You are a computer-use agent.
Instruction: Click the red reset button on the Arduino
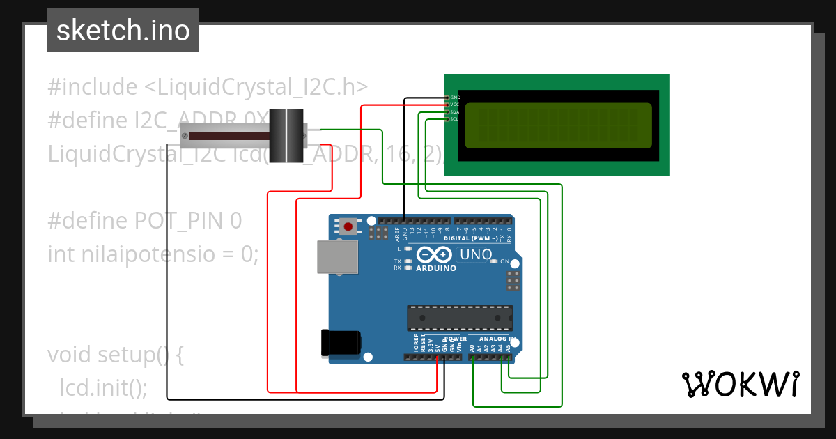(348, 226)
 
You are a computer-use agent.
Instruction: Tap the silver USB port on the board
(337, 257)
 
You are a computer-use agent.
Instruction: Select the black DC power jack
(340, 342)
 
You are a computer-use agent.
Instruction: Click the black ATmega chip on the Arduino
(460, 317)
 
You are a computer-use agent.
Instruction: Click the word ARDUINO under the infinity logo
(436, 268)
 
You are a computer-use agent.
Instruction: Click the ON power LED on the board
(494, 261)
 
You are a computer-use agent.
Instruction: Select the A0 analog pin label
(472, 346)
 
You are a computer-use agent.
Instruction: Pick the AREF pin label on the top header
(397, 234)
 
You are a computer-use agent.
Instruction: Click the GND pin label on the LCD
(455, 98)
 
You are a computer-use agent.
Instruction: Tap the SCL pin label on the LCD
(454, 119)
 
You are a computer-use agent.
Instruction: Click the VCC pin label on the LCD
(454, 105)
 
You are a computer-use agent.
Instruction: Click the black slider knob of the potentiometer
(287, 136)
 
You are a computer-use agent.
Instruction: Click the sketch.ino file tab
(123, 31)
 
